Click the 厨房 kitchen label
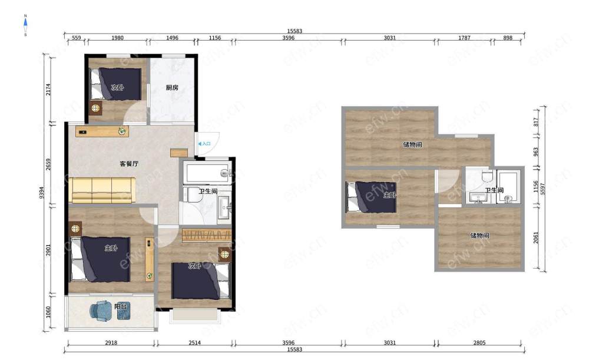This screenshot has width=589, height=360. click(171, 88)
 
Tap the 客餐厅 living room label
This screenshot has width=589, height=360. click(129, 164)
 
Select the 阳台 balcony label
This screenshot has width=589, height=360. click(121, 306)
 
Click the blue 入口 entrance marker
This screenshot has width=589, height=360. click(204, 144)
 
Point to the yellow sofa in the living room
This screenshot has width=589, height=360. click(102, 190)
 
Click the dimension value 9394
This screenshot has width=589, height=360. click(42, 193)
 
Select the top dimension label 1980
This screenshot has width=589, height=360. click(118, 38)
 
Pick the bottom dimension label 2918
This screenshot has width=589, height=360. click(111, 343)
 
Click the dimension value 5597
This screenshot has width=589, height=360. click(542, 189)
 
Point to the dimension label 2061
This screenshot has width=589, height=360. click(536, 237)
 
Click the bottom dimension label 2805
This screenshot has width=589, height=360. click(479, 343)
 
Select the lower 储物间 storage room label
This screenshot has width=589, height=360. click(479, 236)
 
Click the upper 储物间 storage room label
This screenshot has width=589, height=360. click(412, 145)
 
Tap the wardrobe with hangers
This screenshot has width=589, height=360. click(206, 235)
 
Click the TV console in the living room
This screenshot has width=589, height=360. click(102, 131)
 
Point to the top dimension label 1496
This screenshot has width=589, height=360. click(172, 38)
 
